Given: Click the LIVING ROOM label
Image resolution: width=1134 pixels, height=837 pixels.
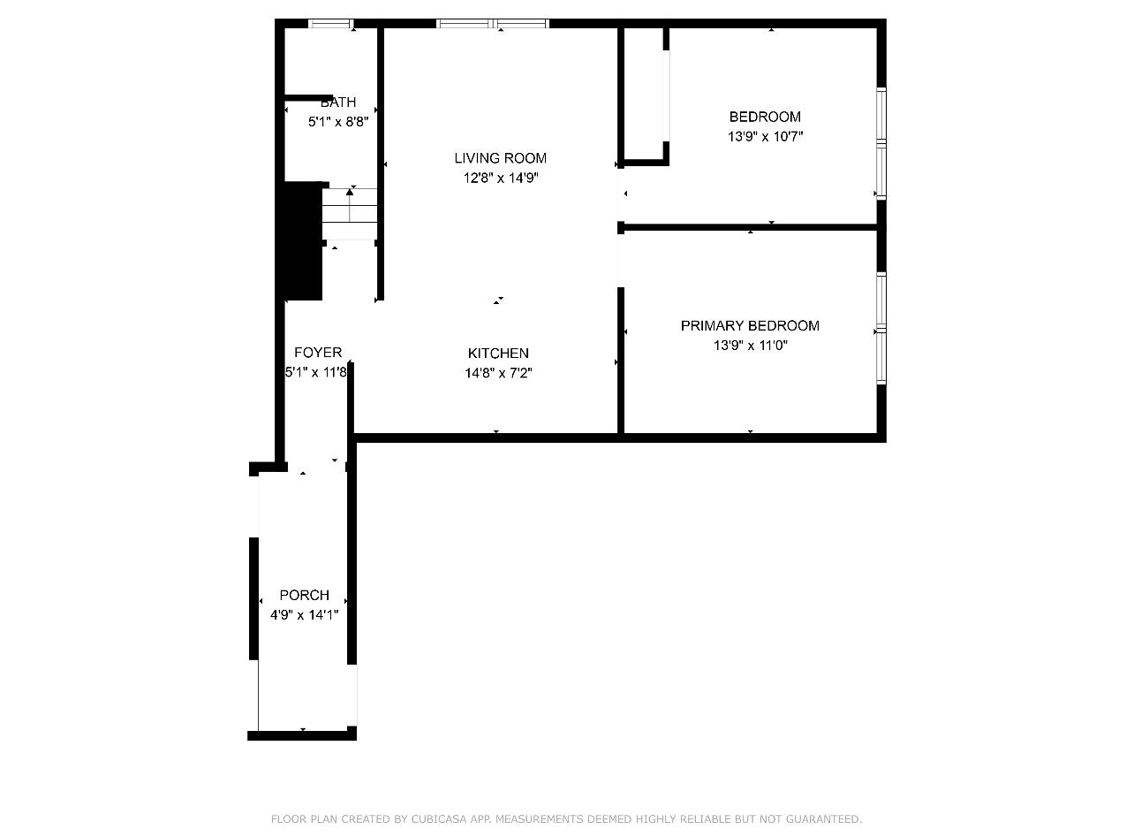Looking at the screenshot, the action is click(500, 158).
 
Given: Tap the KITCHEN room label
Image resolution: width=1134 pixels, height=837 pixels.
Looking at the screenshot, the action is click(498, 354).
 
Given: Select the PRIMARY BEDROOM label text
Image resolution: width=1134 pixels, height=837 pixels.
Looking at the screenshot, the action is click(750, 326).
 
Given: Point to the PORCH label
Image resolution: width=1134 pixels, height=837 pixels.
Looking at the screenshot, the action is click(305, 595).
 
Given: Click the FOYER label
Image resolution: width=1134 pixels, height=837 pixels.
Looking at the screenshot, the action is click(318, 352).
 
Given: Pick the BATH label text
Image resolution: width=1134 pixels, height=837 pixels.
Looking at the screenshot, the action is click(338, 103).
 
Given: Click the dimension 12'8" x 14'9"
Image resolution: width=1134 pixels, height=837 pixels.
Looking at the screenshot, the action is click(501, 178).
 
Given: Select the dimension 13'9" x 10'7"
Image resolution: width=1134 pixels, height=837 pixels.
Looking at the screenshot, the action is click(765, 136).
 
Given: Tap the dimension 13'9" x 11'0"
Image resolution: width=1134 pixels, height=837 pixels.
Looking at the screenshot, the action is click(751, 346).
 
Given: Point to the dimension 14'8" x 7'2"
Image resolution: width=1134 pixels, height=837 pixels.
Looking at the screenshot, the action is click(498, 373).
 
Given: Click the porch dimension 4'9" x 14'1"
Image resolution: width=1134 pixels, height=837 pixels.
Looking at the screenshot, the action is click(305, 614).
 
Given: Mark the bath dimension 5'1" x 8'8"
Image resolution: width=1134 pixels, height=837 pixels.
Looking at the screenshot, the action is click(338, 122).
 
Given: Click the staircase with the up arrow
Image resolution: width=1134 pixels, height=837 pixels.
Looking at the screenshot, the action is click(350, 214).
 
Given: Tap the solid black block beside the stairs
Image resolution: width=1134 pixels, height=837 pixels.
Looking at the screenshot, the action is click(303, 240).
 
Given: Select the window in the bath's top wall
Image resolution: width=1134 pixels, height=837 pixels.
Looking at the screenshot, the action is click(331, 23).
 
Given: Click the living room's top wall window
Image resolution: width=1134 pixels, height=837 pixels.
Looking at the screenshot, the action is click(493, 23).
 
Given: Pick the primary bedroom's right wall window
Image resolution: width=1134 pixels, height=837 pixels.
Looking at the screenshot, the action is click(881, 328).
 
